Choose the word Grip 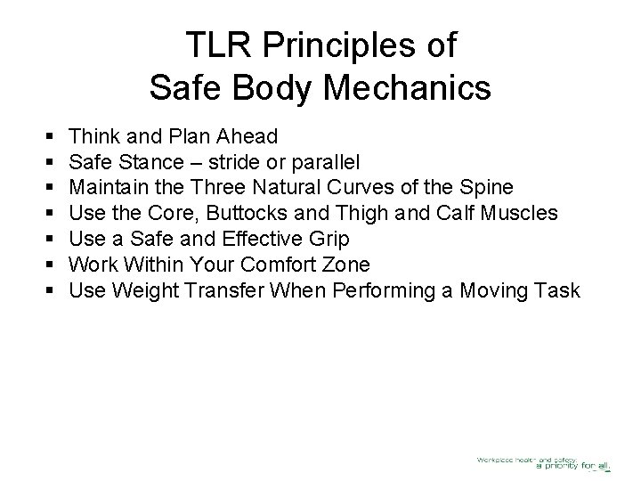click(328, 240)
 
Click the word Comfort click(293, 265)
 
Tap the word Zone click(367, 265)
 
